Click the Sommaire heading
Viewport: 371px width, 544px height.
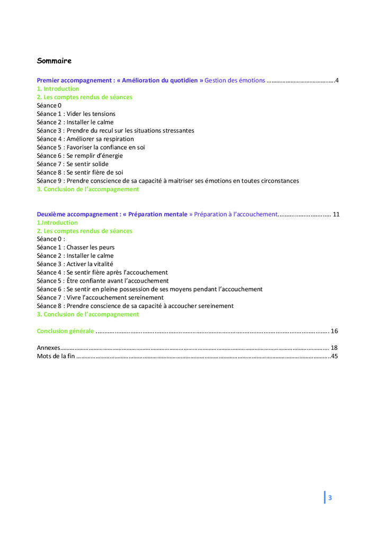click(x=54, y=61)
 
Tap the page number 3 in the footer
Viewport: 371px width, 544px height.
click(x=330, y=497)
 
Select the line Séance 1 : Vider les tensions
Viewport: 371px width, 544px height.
click(x=76, y=114)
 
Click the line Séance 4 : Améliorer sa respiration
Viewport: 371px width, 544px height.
click(x=85, y=139)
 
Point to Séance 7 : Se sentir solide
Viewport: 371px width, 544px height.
click(x=73, y=164)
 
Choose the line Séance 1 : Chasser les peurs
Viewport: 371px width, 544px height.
click(x=75, y=247)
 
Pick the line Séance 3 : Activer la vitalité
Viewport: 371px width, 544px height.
click(x=75, y=264)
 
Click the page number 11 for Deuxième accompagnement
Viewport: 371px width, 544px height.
click(x=336, y=214)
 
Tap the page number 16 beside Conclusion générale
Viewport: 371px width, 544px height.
click(x=334, y=331)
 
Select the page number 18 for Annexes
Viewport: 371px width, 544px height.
click(x=334, y=348)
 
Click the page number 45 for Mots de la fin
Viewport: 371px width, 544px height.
click(x=334, y=357)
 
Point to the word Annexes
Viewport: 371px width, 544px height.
click(x=48, y=348)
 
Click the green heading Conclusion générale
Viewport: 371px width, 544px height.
click(x=65, y=331)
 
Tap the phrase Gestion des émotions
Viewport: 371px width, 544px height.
click(x=234, y=80)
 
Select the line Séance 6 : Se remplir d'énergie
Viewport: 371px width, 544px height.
click(x=79, y=156)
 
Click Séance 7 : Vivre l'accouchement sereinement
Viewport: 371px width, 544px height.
click(x=100, y=297)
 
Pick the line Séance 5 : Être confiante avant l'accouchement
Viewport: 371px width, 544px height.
click(x=102, y=281)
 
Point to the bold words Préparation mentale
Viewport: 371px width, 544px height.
click(x=157, y=214)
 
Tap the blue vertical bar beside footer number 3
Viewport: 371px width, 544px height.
click(x=325, y=497)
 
